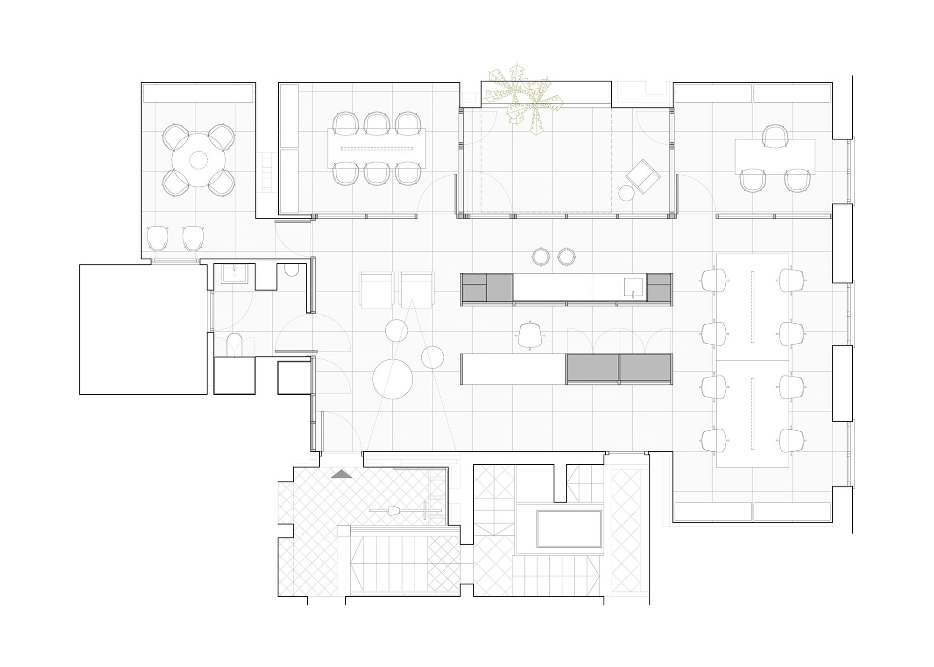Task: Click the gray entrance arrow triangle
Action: tap(342, 475)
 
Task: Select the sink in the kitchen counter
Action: tap(634, 286)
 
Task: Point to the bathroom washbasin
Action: tap(232, 274)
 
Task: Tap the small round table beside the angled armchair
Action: tap(626, 192)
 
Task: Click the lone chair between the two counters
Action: tap(531, 334)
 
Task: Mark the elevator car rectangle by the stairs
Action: tap(568, 529)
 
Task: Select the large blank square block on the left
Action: tap(143, 329)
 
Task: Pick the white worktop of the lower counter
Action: tap(513, 369)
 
